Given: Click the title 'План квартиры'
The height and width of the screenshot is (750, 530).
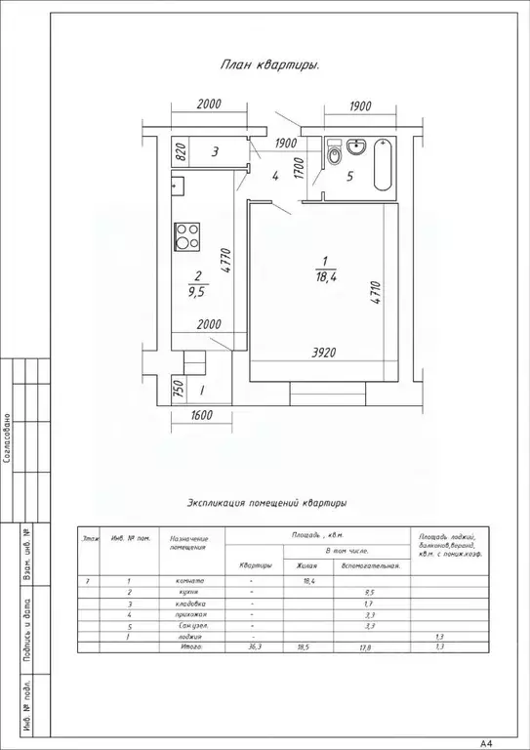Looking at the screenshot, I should click(x=273, y=65).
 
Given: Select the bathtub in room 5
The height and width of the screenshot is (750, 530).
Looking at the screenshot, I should click(x=384, y=166).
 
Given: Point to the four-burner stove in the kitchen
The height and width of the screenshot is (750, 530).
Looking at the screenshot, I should click(x=186, y=235).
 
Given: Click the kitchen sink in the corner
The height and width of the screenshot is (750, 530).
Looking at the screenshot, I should click(x=178, y=182).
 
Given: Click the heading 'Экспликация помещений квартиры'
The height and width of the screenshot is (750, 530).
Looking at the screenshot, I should click(x=266, y=503).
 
